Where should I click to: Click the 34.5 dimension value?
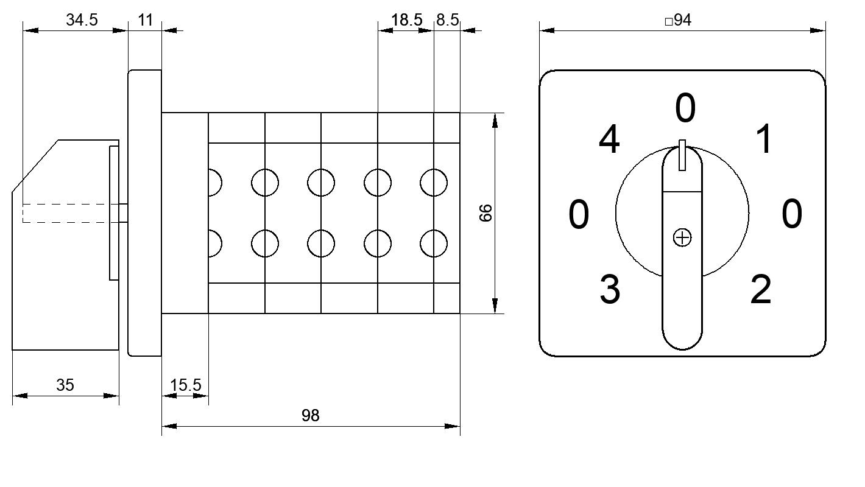click(82, 19)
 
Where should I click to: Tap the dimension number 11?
click(145, 19)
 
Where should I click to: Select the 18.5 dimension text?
click(407, 19)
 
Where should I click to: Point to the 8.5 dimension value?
click(448, 19)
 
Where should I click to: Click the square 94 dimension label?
click(678, 19)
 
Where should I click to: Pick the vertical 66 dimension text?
click(485, 213)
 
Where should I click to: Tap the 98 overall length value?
click(311, 416)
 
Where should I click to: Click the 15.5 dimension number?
click(185, 385)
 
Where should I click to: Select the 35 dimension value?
click(65, 385)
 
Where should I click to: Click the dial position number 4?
click(609, 139)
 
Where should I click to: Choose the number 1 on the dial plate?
click(764, 139)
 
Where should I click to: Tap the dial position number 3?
click(610, 289)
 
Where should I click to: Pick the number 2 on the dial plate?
click(761, 289)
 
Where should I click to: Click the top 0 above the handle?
click(685, 108)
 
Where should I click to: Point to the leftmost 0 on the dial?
click(579, 214)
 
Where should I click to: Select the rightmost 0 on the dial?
click(792, 213)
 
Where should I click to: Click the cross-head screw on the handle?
click(682, 237)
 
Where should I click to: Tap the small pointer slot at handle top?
click(682, 155)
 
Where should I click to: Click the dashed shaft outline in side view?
click(70, 213)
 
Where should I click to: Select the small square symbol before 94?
click(669, 21)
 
